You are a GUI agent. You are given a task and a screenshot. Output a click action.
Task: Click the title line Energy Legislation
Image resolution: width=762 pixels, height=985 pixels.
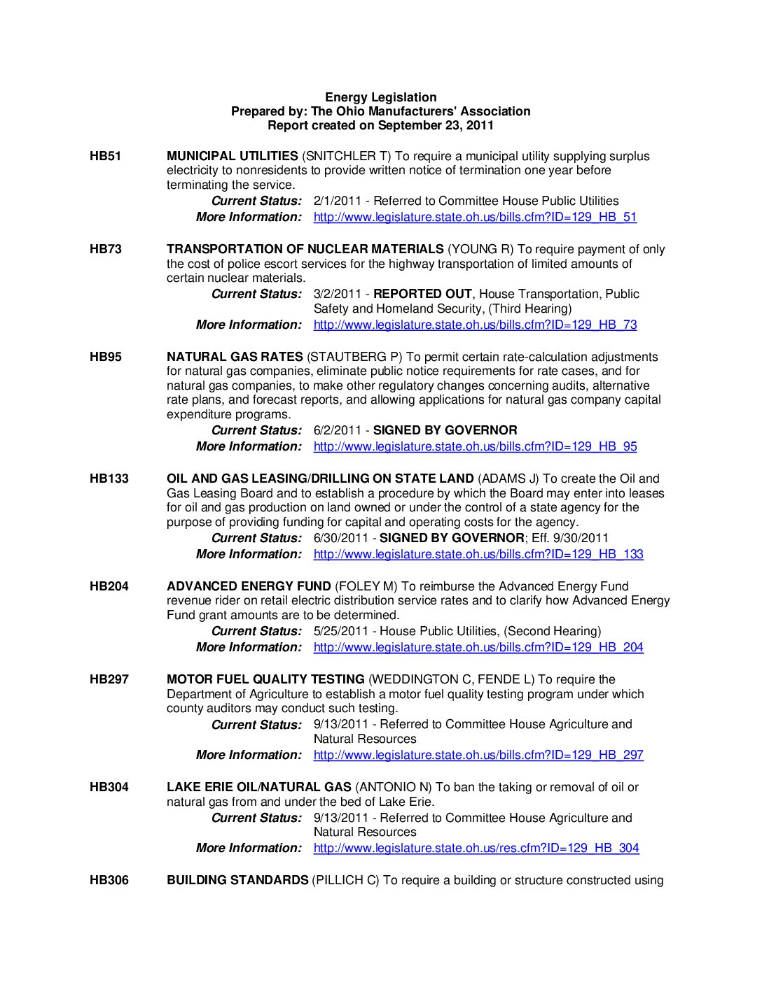pyautogui.click(x=380, y=97)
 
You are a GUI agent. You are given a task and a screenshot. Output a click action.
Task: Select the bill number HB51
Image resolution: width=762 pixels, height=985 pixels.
pyautogui.click(x=105, y=156)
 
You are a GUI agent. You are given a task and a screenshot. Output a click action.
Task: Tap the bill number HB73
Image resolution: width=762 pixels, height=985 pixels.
pyautogui.click(x=105, y=249)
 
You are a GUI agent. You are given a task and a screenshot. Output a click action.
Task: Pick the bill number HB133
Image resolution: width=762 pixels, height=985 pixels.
pyautogui.click(x=109, y=479)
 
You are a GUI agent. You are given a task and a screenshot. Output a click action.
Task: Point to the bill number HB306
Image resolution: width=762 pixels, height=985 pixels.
pyautogui.click(x=109, y=880)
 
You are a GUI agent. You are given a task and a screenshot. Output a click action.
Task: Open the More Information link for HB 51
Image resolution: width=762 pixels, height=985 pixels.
pyautogui.click(x=475, y=217)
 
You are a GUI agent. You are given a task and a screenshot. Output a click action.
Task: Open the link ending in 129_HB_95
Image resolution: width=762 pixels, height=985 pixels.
pyautogui.click(x=475, y=446)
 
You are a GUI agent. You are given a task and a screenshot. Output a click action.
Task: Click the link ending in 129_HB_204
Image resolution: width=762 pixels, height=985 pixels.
pyautogui.click(x=478, y=647)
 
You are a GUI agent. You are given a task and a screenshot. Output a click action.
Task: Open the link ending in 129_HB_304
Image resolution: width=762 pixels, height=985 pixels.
pyautogui.click(x=476, y=848)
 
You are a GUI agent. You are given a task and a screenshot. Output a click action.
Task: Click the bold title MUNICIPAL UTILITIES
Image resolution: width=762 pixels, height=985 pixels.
pyautogui.click(x=232, y=156)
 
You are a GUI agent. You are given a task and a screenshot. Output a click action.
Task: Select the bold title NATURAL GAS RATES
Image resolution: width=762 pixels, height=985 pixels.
pyautogui.click(x=235, y=357)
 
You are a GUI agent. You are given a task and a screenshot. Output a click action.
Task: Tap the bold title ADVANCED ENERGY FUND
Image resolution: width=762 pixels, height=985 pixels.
pyautogui.click(x=249, y=586)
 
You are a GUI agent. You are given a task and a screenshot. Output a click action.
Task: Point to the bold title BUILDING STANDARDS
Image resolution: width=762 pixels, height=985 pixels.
pyautogui.click(x=237, y=880)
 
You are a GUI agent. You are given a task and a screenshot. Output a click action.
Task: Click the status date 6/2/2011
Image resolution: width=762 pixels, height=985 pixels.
pyautogui.click(x=338, y=430)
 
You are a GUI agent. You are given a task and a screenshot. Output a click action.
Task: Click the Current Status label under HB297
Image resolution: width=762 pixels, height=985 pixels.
pyautogui.click(x=256, y=725)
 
